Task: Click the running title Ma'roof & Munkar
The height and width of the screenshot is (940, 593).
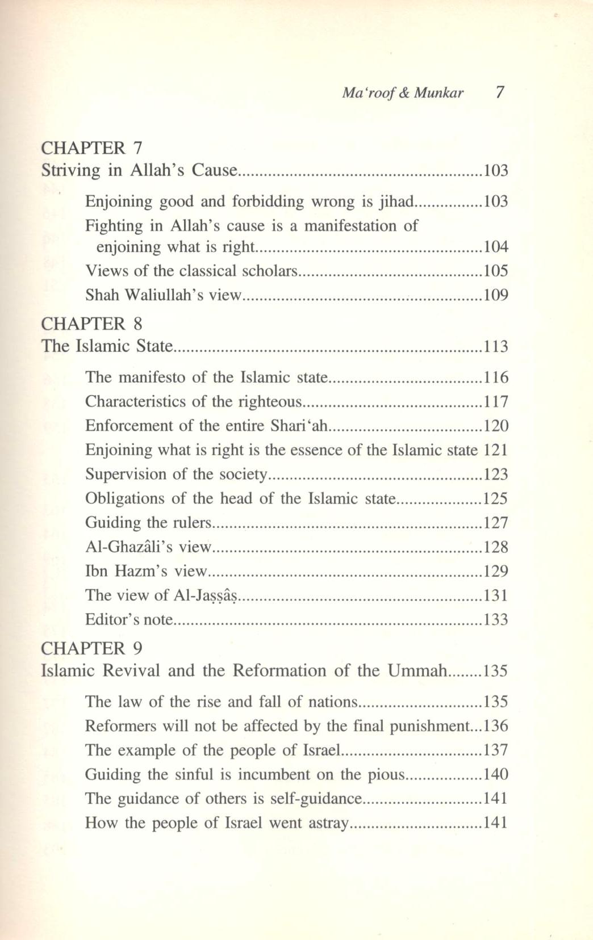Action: click(402, 93)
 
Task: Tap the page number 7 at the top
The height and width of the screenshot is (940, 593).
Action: click(500, 92)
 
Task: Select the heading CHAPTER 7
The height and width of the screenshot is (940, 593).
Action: click(91, 148)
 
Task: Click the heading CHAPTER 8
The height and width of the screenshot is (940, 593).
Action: click(91, 324)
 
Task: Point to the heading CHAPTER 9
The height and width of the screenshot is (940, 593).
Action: click(91, 648)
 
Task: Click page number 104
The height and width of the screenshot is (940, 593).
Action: click(495, 247)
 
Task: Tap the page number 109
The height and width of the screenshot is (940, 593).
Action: click(495, 295)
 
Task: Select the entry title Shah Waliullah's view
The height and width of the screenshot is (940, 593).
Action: click(164, 295)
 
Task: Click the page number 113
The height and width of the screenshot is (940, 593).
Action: click(495, 346)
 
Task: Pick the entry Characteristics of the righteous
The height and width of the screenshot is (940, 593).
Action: click(193, 402)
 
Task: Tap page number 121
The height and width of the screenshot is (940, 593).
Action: click(495, 450)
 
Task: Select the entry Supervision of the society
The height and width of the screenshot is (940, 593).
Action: click(176, 475)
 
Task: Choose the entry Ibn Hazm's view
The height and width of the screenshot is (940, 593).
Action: click(145, 571)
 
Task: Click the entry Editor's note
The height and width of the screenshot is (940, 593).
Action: click(128, 619)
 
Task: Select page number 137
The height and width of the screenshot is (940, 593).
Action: click(495, 750)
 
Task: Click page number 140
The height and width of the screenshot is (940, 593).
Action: click(495, 775)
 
